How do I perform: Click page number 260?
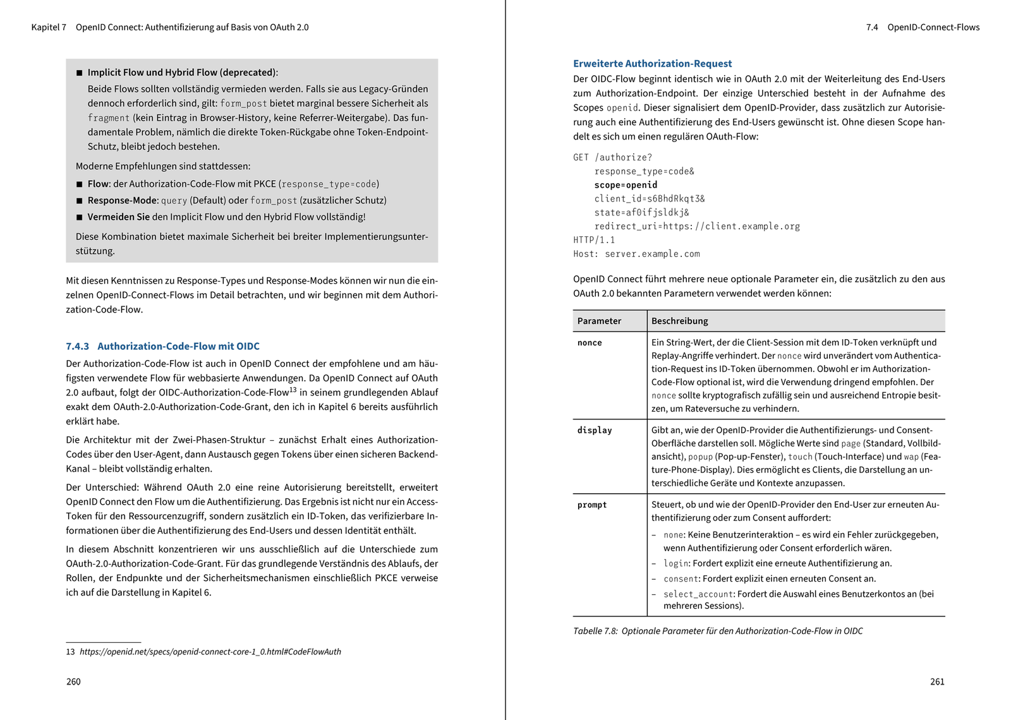(73, 681)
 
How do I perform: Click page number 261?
(937, 681)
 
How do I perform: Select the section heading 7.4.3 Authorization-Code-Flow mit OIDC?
(162, 346)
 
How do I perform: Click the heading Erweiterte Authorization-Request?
(652, 64)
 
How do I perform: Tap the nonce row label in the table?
(590, 343)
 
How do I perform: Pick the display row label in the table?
(595, 430)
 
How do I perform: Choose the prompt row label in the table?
(592, 505)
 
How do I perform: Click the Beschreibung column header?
(679, 321)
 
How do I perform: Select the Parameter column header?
(599, 321)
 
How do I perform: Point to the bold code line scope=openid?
(626, 185)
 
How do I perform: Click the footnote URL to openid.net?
(210, 652)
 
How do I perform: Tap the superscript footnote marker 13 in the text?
(293, 390)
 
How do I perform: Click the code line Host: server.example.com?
(636, 254)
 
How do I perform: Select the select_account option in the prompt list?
(698, 594)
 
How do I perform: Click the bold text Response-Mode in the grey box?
(123, 200)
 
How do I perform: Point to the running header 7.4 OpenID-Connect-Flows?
(923, 27)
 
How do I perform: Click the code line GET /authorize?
(612, 157)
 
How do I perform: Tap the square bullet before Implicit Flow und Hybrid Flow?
(80, 73)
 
